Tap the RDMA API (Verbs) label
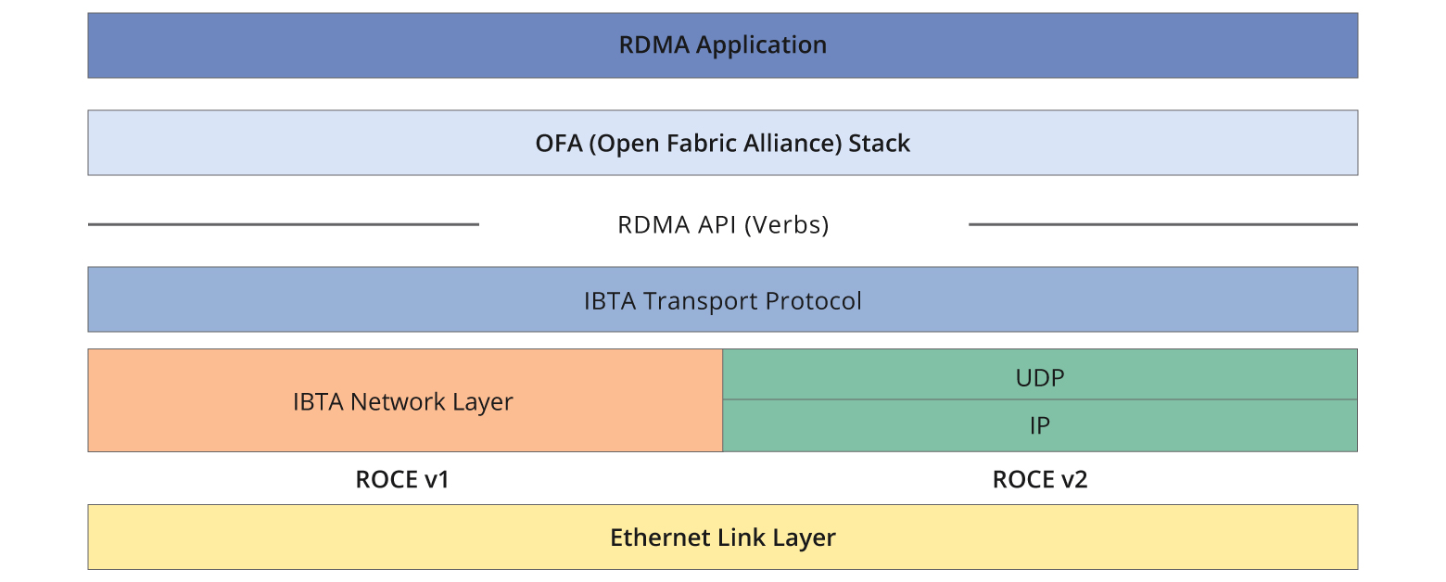(723, 225)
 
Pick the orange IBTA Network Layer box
(404, 402)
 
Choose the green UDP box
(1039, 376)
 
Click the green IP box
(1039, 426)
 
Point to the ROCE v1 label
(402, 479)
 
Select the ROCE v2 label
(1039, 479)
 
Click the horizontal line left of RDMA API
(283, 224)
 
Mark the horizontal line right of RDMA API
(1162, 224)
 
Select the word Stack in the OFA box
(880, 144)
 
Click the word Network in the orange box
(398, 402)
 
